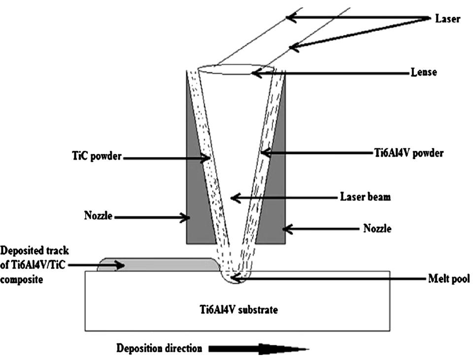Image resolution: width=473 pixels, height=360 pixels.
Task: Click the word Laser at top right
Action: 447,19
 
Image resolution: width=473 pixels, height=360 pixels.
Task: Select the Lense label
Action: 424,72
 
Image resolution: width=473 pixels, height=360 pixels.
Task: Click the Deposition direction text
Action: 159,349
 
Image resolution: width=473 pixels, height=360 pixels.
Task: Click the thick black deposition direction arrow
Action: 256,349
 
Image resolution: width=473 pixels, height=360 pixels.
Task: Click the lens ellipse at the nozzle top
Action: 235,71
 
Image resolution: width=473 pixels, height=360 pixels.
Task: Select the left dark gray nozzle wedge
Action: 197,197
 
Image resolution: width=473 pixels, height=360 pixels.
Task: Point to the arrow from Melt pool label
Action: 335,279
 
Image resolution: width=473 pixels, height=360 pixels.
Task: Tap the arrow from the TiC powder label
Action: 168,158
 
